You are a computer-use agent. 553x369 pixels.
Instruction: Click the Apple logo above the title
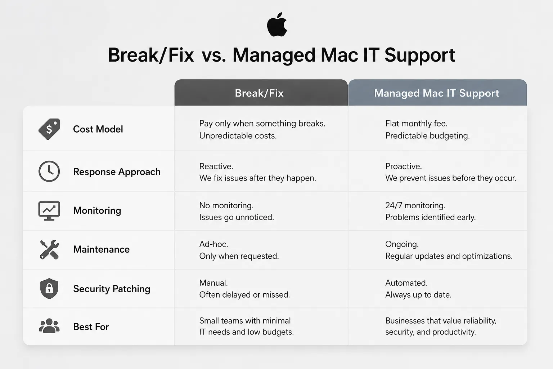[x=277, y=25]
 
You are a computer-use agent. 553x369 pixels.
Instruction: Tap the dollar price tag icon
[x=49, y=129]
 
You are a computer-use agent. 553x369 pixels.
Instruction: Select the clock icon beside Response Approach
[x=49, y=171]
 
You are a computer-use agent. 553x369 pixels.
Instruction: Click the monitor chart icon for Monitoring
[x=49, y=210]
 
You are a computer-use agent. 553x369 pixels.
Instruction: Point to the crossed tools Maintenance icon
[x=49, y=249]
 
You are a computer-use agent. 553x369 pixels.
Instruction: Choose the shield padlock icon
[x=49, y=288]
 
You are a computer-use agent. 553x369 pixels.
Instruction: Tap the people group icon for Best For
[x=49, y=326]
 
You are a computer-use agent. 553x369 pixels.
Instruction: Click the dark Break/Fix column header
[x=261, y=93]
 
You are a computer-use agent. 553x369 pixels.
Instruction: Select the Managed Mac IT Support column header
[x=437, y=93]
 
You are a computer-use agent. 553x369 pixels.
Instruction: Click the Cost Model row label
[x=98, y=129]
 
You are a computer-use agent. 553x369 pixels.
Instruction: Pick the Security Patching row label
[x=112, y=289]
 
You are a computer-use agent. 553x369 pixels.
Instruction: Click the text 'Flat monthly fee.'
[x=416, y=123]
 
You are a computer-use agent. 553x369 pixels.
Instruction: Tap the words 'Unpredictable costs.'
[x=238, y=136]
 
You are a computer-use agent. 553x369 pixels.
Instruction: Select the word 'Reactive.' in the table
[x=216, y=166]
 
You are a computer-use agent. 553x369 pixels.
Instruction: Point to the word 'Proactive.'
[x=403, y=166]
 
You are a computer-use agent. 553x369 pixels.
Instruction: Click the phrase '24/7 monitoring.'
[x=415, y=205]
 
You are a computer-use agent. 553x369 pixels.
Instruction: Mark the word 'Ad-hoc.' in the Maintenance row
[x=213, y=244]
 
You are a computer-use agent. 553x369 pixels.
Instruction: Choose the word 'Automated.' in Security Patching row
[x=406, y=283]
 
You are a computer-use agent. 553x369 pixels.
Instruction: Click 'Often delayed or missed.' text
[x=244, y=295]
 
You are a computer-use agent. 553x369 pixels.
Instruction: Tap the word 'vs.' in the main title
[x=214, y=55]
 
